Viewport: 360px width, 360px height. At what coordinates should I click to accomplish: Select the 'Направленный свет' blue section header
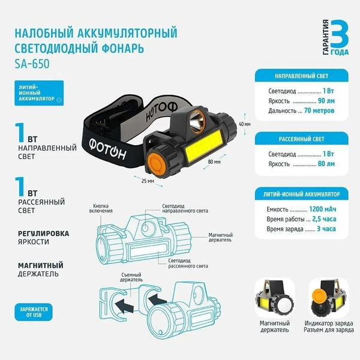tap(301, 77)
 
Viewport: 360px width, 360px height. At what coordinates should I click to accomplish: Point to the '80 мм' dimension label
tap(214, 162)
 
